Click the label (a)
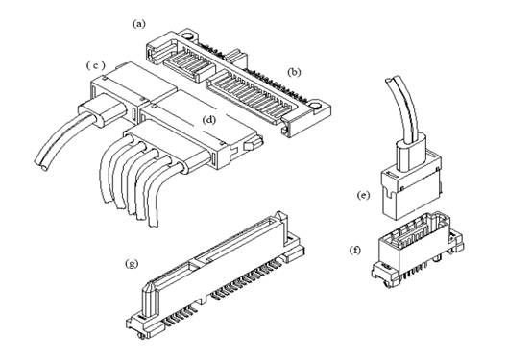pyautogui.click(x=139, y=24)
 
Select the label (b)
pyautogui.click(x=294, y=72)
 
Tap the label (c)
pyautogui.click(x=96, y=65)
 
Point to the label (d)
pyautogui.click(x=209, y=120)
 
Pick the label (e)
pyautogui.click(x=363, y=195)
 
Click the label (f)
pyautogui.click(x=355, y=251)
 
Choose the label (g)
pyautogui.click(x=132, y=264)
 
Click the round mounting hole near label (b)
pyautogui.click(x=314, y=106)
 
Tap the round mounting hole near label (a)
pyautogui.click(x=188, y=36)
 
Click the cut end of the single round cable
pyautogui.click(x=42, y=166)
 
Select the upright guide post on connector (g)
pyautogui.click(x=151, y=300)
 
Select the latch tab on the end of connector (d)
pyautogui.click(x=253, y=145)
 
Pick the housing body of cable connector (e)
pyautogui.click(x=411, y=184)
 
